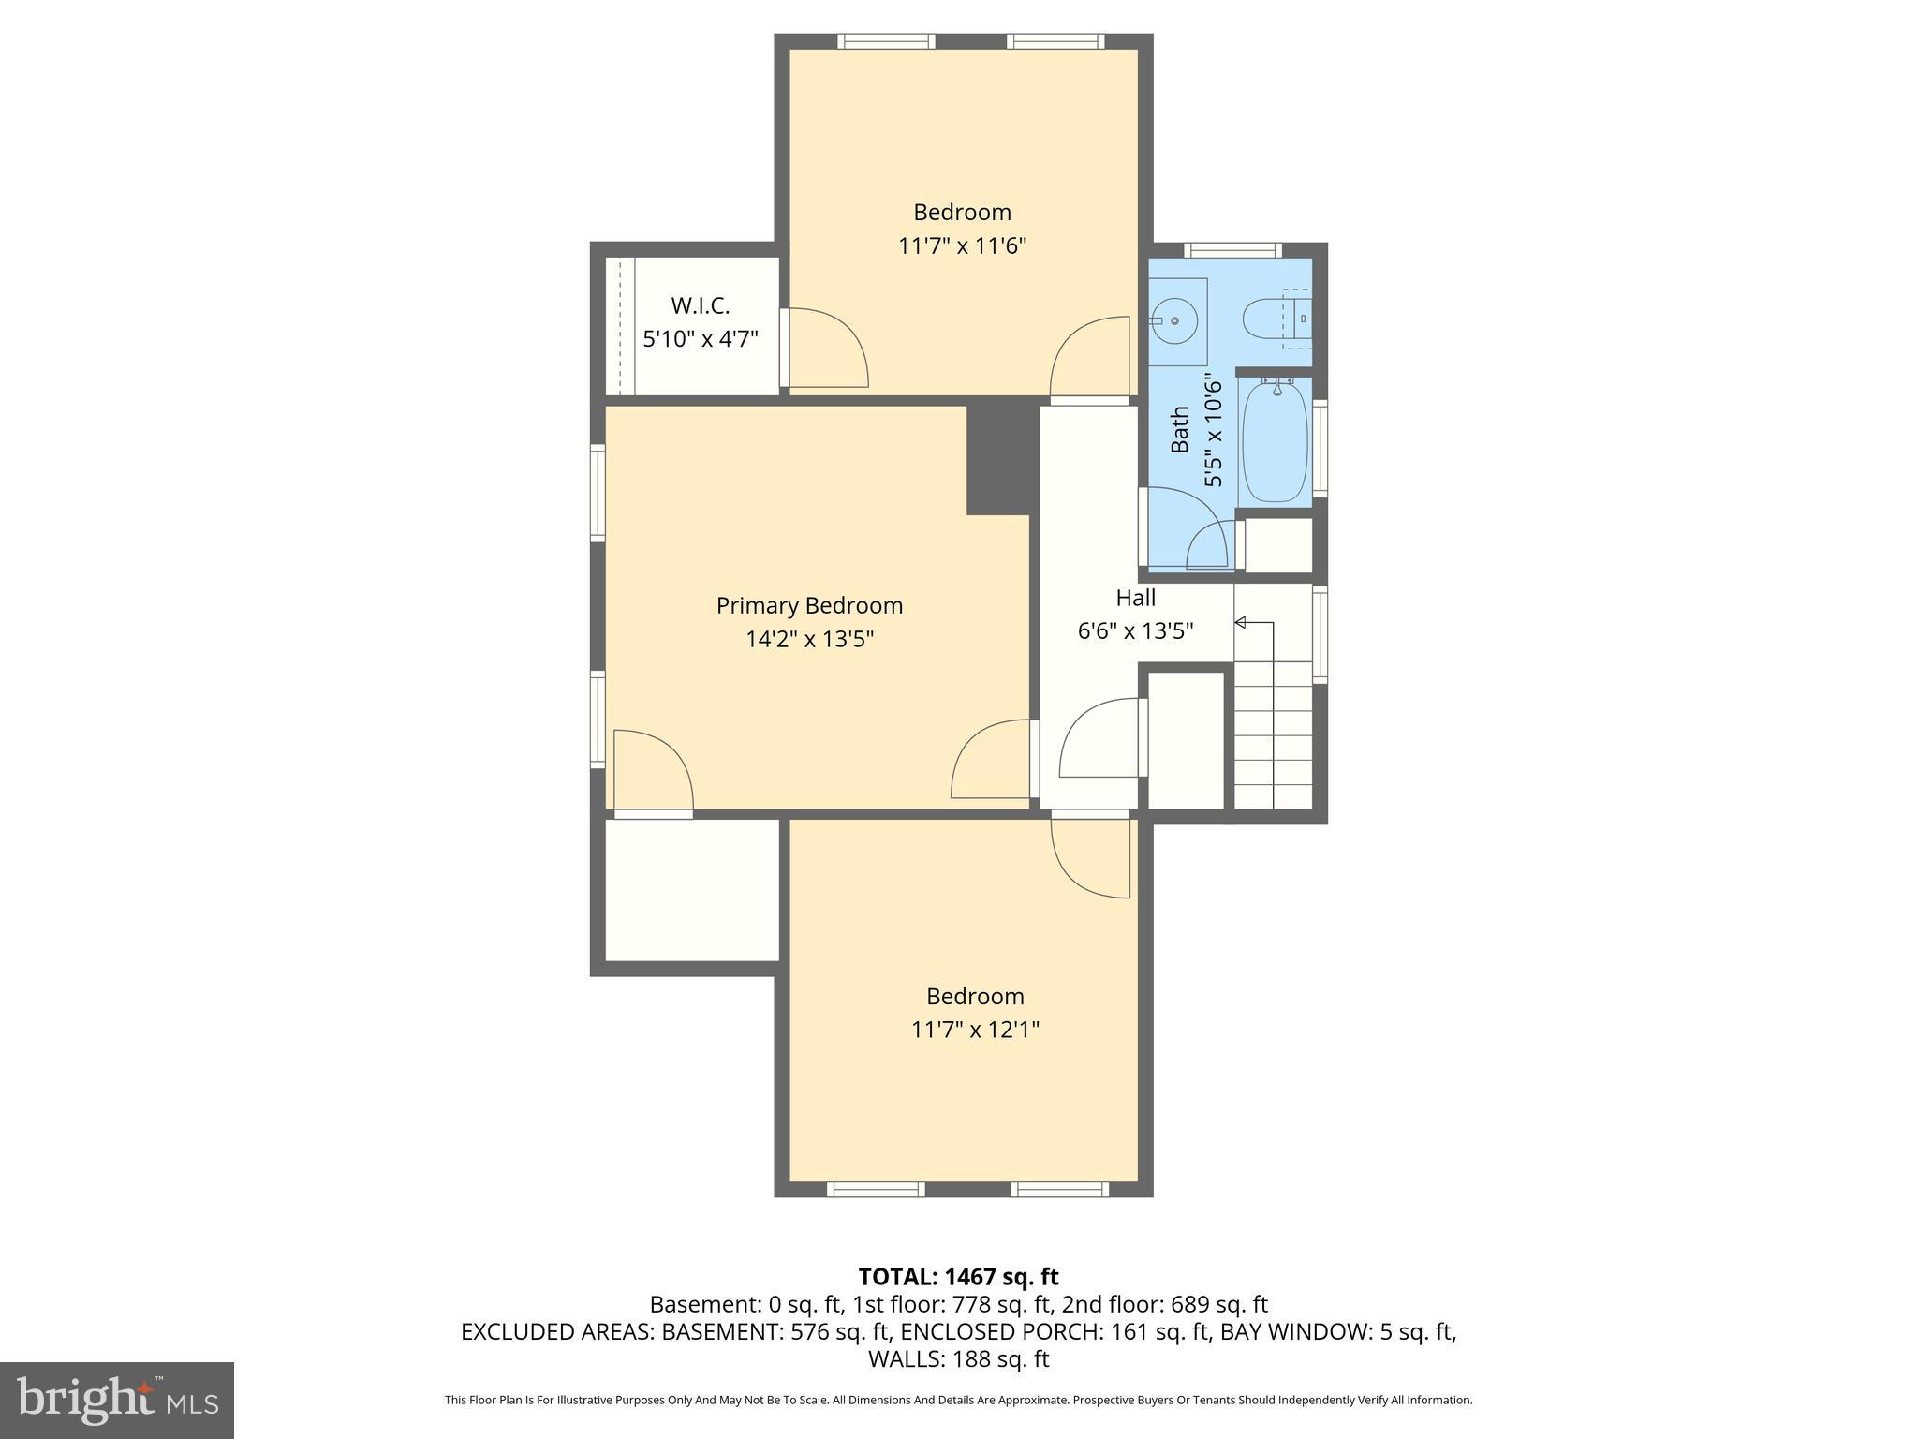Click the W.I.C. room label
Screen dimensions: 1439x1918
[x=700, y=305]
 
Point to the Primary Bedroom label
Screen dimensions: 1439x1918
[x=809, y=605]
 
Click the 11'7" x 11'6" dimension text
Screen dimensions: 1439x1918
[x=962, y=246]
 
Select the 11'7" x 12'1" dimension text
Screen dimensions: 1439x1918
[x=975, y=1030]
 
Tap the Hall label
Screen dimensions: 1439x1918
[x=1135, y=598]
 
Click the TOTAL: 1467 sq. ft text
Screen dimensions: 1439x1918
[x=958, y=1276]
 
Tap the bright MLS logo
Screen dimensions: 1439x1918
[x=116, y=1399]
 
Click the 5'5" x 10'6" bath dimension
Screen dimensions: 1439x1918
[x=1213, y=431]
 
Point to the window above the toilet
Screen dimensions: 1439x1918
[x=1232, y=249]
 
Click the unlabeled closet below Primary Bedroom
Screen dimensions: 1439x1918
[x=692, y=890]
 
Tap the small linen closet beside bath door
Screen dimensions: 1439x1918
[x=1277, y=544]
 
